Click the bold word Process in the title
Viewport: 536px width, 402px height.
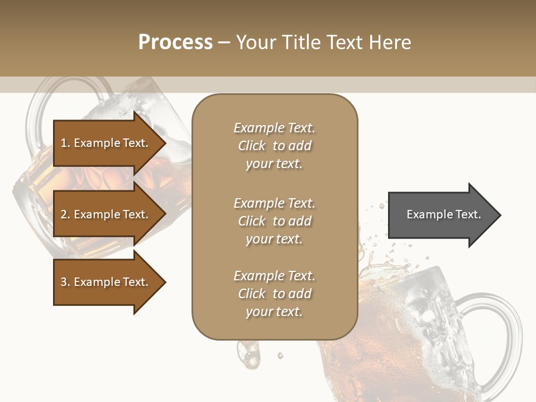click(x=175, y=42)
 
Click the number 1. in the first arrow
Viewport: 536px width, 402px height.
click(x=65, y=143)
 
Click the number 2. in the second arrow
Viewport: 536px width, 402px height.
click(x=65, y=214)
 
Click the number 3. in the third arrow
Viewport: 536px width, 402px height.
click(x=65, y=282)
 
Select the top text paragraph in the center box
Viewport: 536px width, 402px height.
click(x=274, y=146)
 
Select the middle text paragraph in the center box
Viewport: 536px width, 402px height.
click(x=274, y=221)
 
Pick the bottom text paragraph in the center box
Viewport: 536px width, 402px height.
click(x=274, y=294)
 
